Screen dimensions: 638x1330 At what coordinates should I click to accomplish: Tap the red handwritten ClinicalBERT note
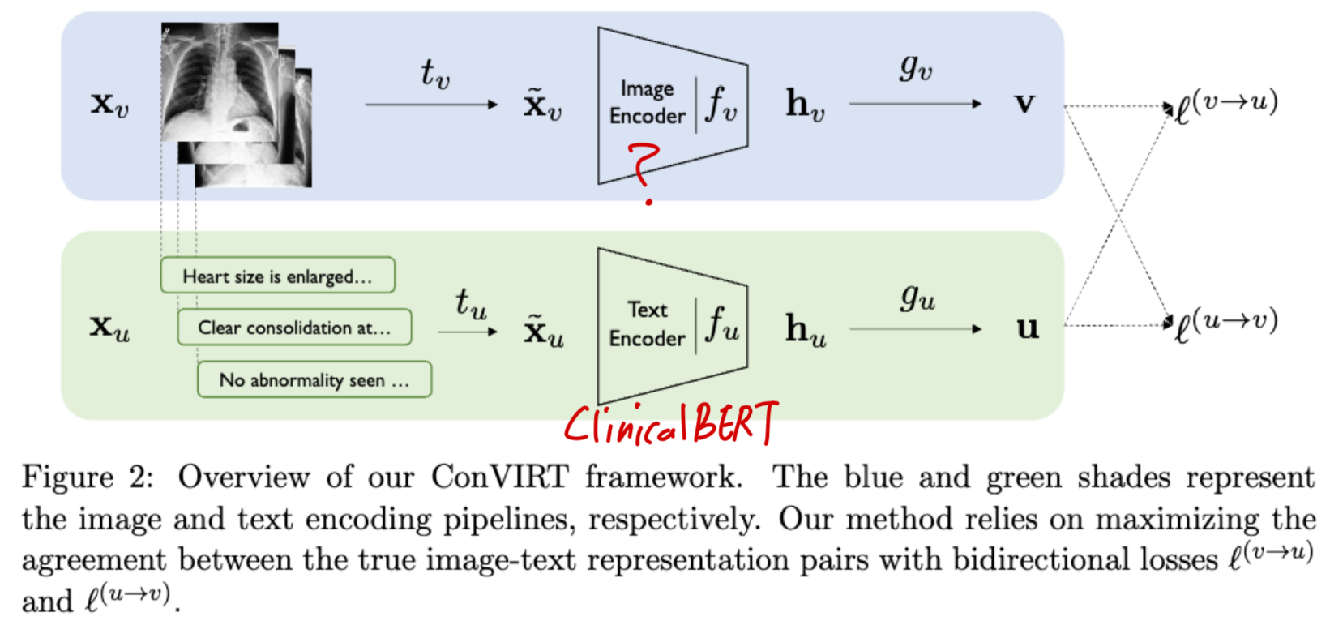coord(670,424)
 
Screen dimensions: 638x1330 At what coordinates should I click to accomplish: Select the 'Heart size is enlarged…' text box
coord(277,276)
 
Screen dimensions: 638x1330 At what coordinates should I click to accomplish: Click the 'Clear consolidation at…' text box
coord(294,328)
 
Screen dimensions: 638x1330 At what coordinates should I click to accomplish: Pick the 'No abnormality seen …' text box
coord(314,379)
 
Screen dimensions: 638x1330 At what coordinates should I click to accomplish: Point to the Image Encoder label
coord(647,102)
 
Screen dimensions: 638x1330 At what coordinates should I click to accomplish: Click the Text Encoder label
coord(647,323)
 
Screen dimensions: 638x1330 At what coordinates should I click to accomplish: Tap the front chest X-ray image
coord(220,82)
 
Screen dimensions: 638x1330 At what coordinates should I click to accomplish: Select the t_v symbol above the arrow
coord(434,74)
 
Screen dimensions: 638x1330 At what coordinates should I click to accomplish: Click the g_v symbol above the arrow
coord(916,66)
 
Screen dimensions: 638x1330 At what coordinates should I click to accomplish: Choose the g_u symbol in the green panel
coord(917,298)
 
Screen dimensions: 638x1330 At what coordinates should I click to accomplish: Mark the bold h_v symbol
coord(805,105)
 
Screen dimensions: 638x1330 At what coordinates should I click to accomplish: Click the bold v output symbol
coord(1025,104)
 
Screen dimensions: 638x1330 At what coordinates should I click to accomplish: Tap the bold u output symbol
coord(1027,328)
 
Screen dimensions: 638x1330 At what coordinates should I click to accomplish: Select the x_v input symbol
coord(109,104)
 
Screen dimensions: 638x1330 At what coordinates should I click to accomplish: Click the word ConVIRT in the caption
coord(499,477)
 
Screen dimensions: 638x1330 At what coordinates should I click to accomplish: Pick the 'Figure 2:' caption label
coord(87,477)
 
